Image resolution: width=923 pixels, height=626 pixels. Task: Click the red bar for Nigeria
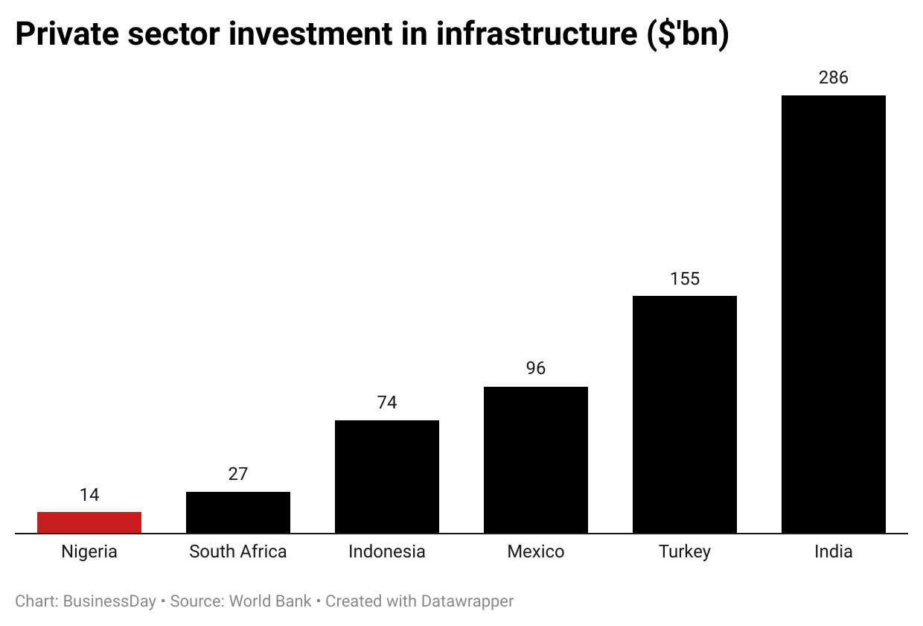pyautogui.click(x=89, y=522)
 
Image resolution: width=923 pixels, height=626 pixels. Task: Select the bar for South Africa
pyautogui.click(x=238, y=513)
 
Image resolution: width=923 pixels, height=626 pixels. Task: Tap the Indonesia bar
pyautogui.click(x=387, y=477)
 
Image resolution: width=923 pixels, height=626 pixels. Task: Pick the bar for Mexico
pyautogui.click(x=536, y=460)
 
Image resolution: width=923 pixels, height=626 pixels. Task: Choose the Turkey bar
pyautogui.click(x=685, y=414)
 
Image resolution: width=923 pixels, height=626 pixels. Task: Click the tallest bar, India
pyautogui.click(x=834, y=314)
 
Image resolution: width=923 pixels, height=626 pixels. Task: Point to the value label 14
pyautogui.click(x=89, y=495)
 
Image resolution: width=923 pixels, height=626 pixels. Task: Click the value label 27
pyautogui.click(x=238, y=474)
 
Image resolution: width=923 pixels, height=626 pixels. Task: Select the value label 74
pyautogui.click(x=387, y=402)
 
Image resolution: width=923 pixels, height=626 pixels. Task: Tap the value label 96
pyautogui.click(x=536, y=368)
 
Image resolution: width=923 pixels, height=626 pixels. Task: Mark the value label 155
pyautogui.click(x=685, y=279)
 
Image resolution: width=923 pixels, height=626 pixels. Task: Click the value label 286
pyautogui.click(x=834, y=78)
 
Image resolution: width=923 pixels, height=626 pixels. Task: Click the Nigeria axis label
pyautogui.click(x=89, y=551)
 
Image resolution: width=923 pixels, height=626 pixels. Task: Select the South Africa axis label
pyautogui.click(x=238, y=551)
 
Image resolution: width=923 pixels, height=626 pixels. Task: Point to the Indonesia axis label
pyautogui.click(x=387, y=551)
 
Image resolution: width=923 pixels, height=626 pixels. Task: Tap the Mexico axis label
pyautogui.click(x=536, y=551)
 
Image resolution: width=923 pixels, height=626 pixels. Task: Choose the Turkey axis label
pyautogui.click(x=685, y=551)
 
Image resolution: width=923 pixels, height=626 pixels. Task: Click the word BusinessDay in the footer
pyautogui.click(x=109, y=601)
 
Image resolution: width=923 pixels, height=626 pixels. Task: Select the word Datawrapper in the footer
pyautogui.click(x=467, y=601)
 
